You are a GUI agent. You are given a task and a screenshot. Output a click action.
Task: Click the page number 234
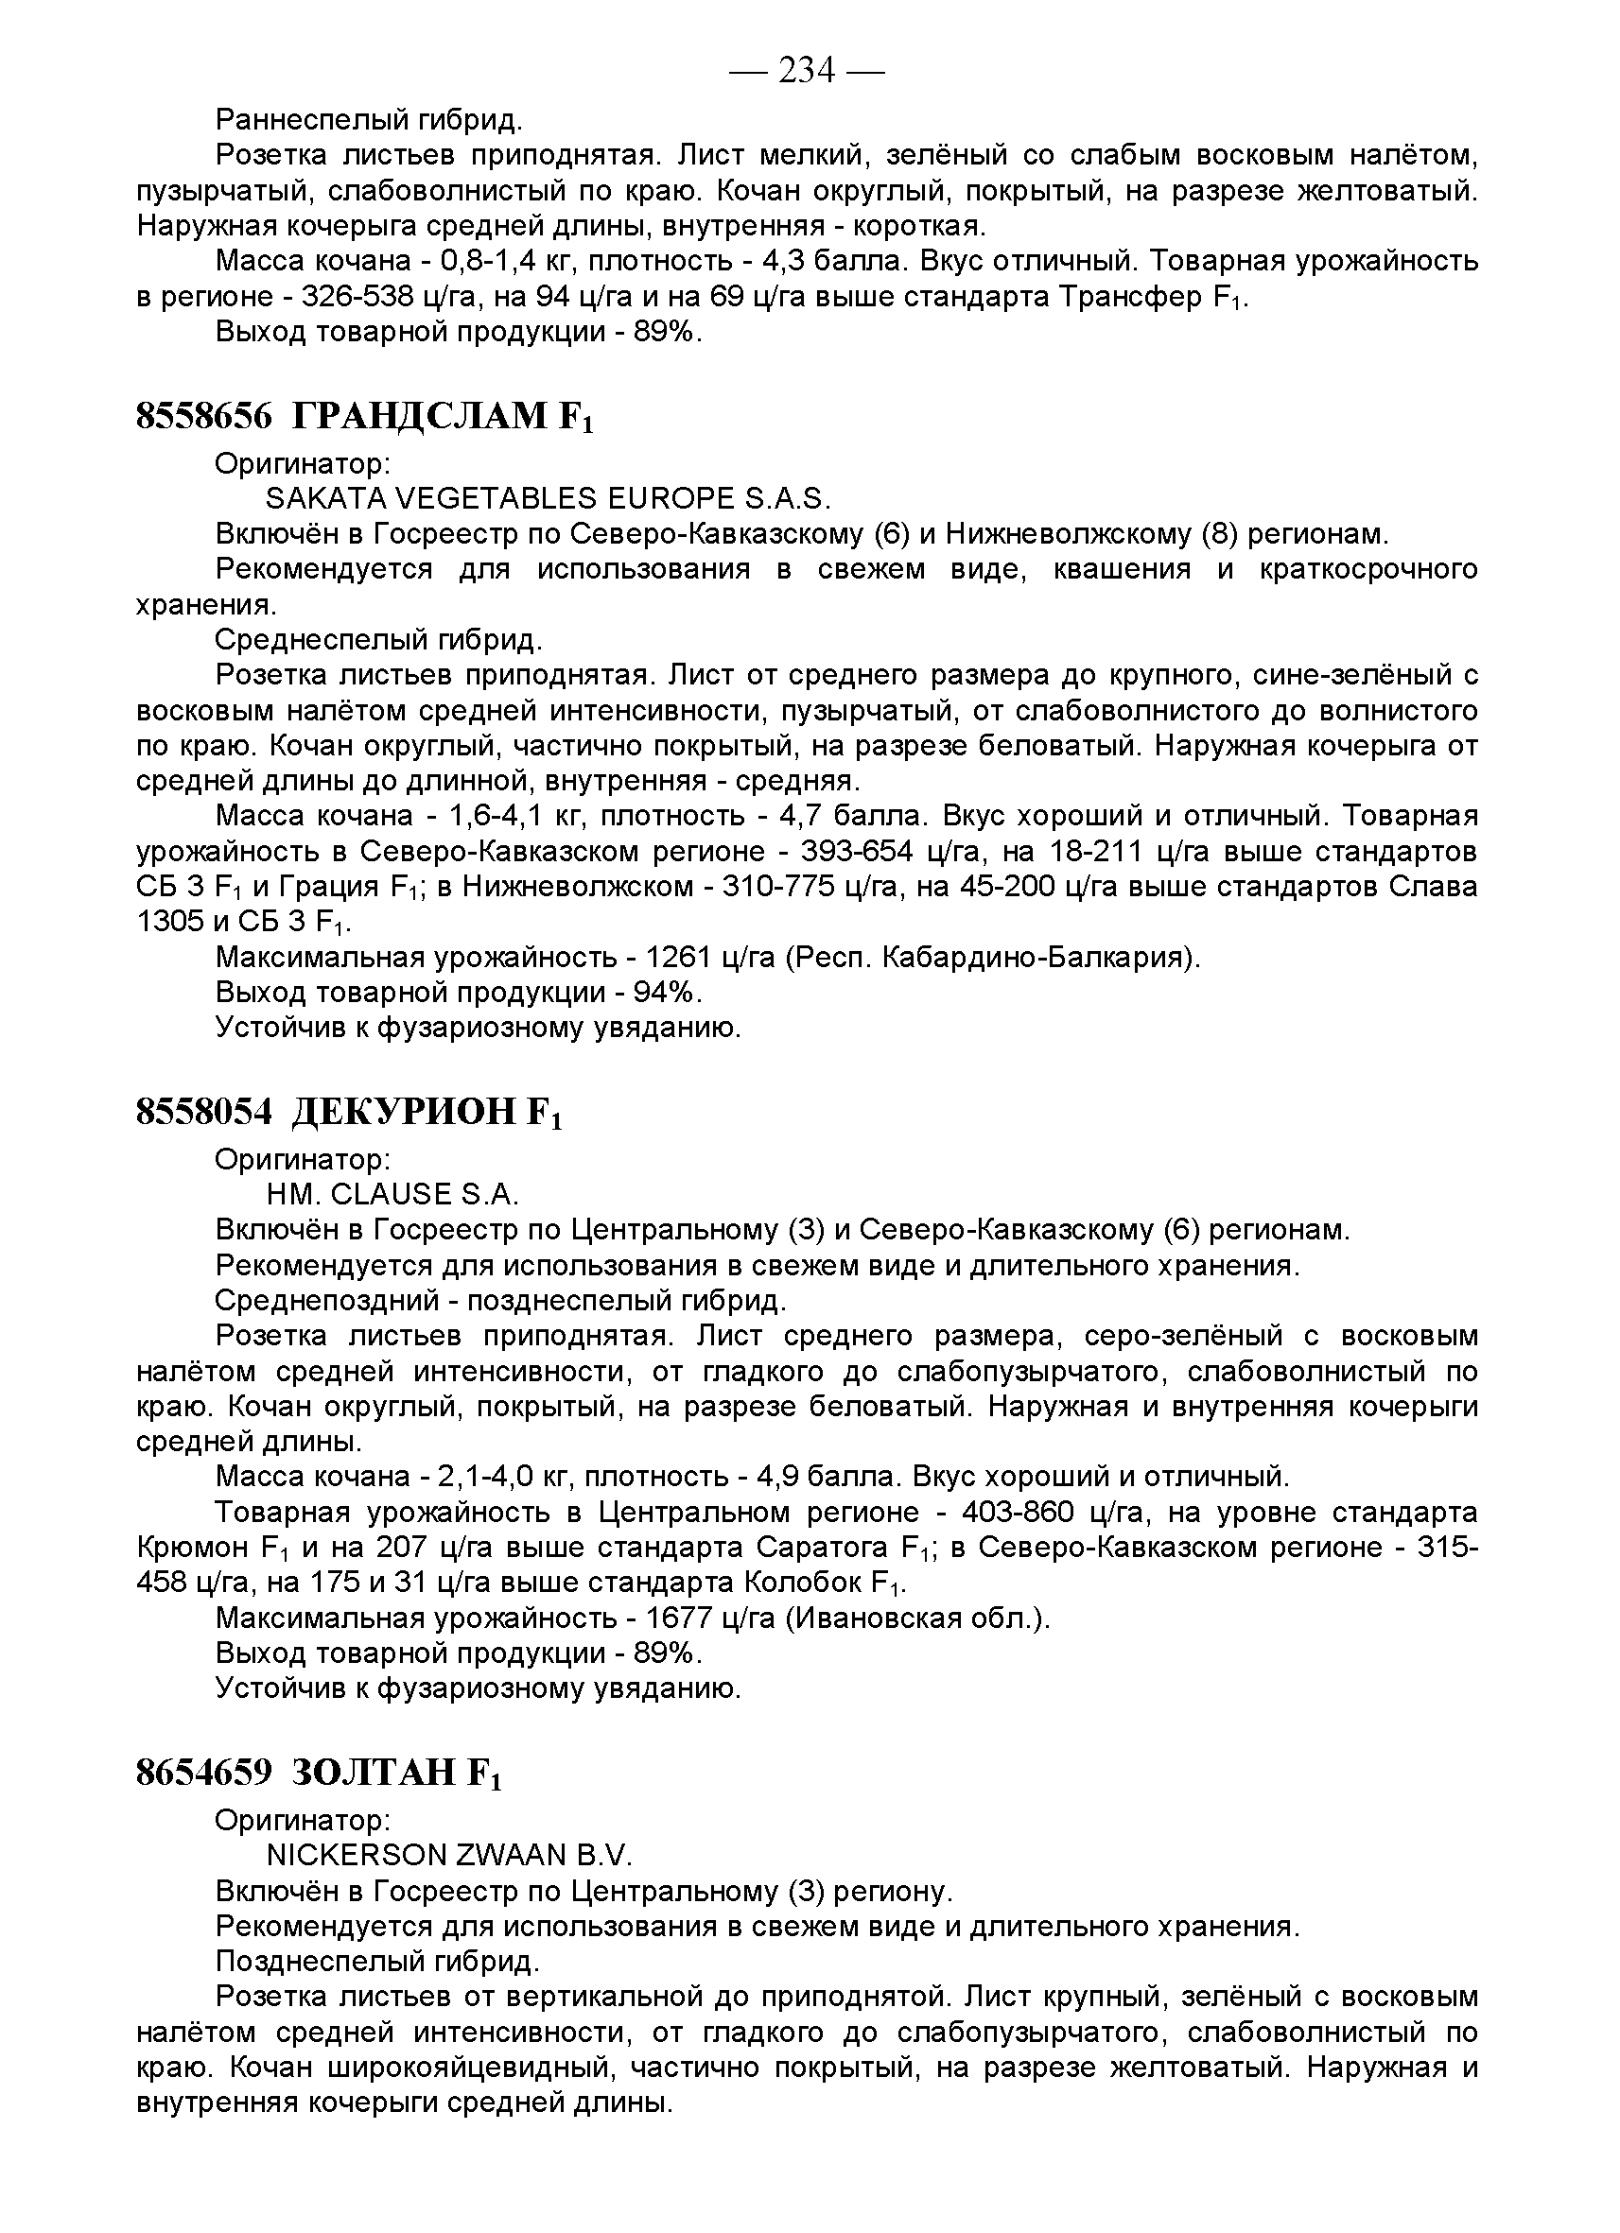click(x=806, y=71)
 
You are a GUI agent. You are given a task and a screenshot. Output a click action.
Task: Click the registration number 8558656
click(x=203, y=417)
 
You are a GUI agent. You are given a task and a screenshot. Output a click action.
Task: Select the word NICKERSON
click(x=356, y=1855)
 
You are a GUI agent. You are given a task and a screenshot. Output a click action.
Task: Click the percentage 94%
click(x=665, y=993)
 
